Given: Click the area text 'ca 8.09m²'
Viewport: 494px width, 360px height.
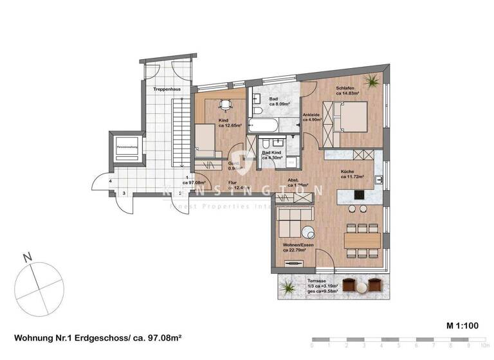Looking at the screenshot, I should pos(280,104).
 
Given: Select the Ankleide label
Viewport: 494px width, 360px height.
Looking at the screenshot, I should pos(313,116).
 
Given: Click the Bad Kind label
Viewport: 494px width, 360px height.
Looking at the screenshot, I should pos(273,152).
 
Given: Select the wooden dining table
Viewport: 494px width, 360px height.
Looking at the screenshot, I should pos(363,240).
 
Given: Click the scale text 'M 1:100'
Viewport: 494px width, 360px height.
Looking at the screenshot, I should pos(461,327).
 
